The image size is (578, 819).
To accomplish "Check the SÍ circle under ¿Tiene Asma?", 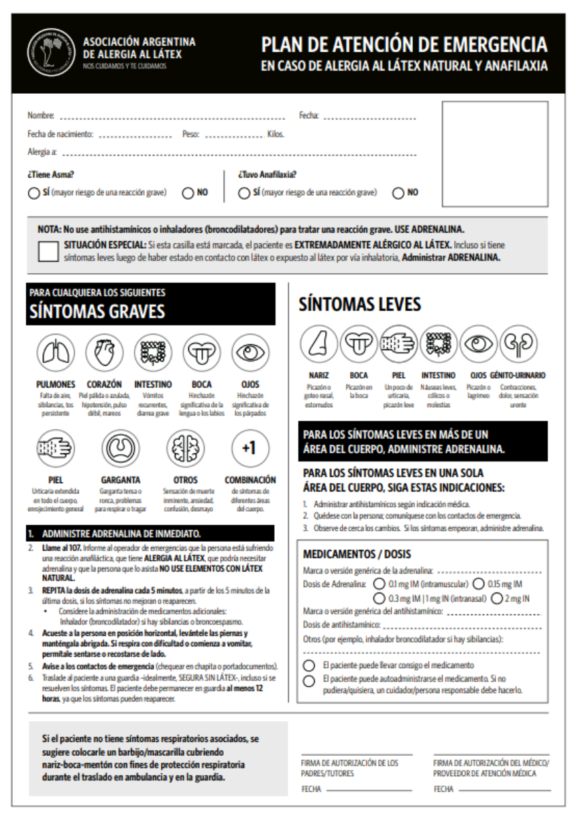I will tap(33, 193).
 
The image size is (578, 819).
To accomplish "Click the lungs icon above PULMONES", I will tap(54, 353).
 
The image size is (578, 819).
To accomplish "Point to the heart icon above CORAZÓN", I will tap(103, 353).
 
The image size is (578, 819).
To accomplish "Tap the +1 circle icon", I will tap(250, 449).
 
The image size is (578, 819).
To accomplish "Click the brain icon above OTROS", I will tap(186, 449).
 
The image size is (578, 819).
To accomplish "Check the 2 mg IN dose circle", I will tap(496, 597).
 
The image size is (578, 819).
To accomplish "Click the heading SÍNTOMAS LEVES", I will tap(360, 305).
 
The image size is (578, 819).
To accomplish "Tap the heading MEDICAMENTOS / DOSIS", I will tap(356, 554).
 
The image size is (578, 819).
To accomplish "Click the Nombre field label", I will tap(41, 116).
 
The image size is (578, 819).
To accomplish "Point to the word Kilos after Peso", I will tap(275, 134).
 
